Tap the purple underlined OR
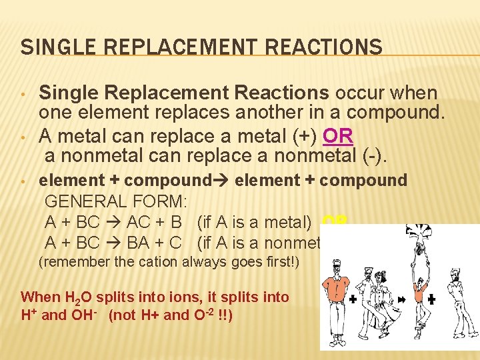click(337, 136)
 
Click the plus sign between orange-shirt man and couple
click(352, 300)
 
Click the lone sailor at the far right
click(460, 293)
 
